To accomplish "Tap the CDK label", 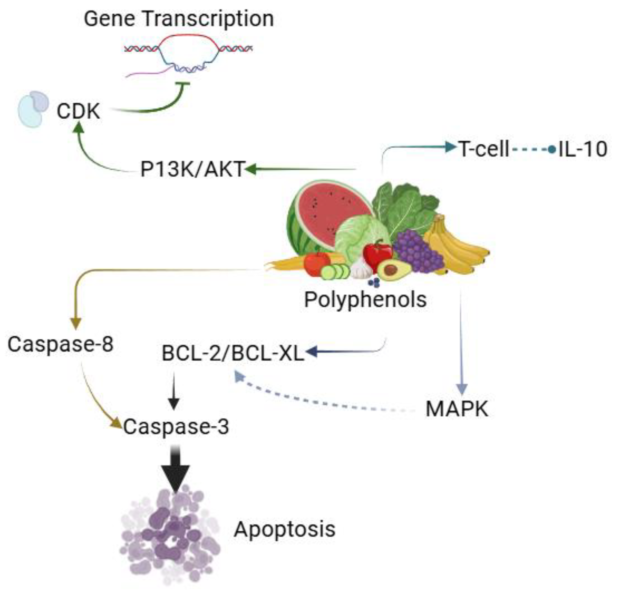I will pos(78,111).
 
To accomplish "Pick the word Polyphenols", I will pos(365,299).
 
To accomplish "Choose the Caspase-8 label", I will pos(61,344).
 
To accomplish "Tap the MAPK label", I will pos(457,409).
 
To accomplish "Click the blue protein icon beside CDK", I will pos(33,109).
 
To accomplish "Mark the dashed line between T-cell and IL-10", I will pos(530,150).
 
